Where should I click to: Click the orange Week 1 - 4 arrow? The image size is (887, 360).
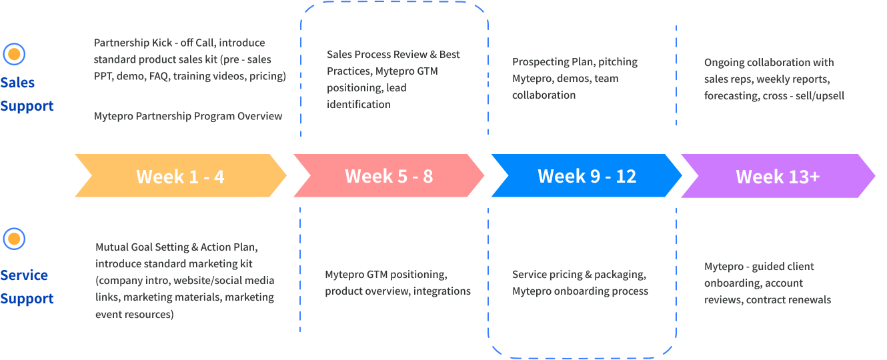[x=181, y=175]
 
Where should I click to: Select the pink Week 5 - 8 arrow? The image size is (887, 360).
[x=389, y=175]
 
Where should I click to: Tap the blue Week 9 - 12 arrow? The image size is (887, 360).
[x=586, y=175]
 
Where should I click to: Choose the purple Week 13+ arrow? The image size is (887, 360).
[x=778, y=176]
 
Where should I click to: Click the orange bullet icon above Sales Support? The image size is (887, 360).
[x=14, y=54]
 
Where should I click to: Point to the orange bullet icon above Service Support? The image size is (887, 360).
[x=14, y=239]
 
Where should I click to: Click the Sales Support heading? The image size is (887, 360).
[x=27, y=94]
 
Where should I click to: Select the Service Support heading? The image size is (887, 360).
[x=27, y=287]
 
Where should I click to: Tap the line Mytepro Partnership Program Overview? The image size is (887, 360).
[x=187, y=116]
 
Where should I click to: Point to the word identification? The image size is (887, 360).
[x=358, y=104]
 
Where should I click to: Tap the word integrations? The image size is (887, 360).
[x=442, y=291]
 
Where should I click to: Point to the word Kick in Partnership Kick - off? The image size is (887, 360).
[x=162, y=43]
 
